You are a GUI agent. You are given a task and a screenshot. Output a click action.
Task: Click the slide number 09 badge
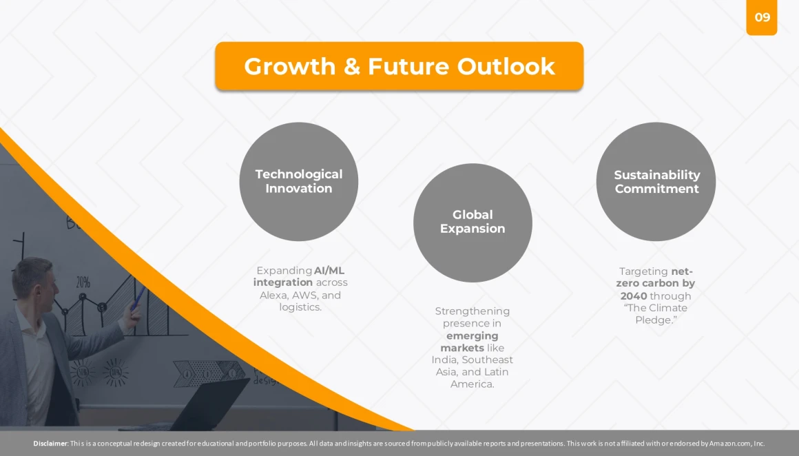coord(761,17)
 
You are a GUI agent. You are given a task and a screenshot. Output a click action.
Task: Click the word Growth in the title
coord(289,67)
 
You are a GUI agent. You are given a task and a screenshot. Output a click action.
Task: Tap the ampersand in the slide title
coord(351,67)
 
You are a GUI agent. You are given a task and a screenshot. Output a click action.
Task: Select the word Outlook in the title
coord(506,67)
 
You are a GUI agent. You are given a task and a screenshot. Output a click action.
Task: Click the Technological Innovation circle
coord(299,181)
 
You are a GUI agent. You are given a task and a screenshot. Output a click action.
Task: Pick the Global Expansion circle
coord(473,222)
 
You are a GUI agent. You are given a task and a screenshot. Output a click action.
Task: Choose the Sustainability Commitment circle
coord(656,181)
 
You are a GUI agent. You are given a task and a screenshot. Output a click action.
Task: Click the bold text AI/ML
coord(329,271)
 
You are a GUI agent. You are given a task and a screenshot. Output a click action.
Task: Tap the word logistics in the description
coord(300,307)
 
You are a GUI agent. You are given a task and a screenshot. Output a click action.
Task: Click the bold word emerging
coord(473,335)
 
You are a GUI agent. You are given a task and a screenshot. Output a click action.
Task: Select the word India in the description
coord(444,360)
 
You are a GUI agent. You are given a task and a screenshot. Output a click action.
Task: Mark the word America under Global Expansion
coord(473,384)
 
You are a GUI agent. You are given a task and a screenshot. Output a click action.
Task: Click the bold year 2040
coord(634,296)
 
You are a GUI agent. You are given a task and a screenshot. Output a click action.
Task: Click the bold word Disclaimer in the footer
coord(50,444)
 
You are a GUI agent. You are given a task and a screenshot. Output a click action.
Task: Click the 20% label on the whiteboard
coord(83,282)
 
